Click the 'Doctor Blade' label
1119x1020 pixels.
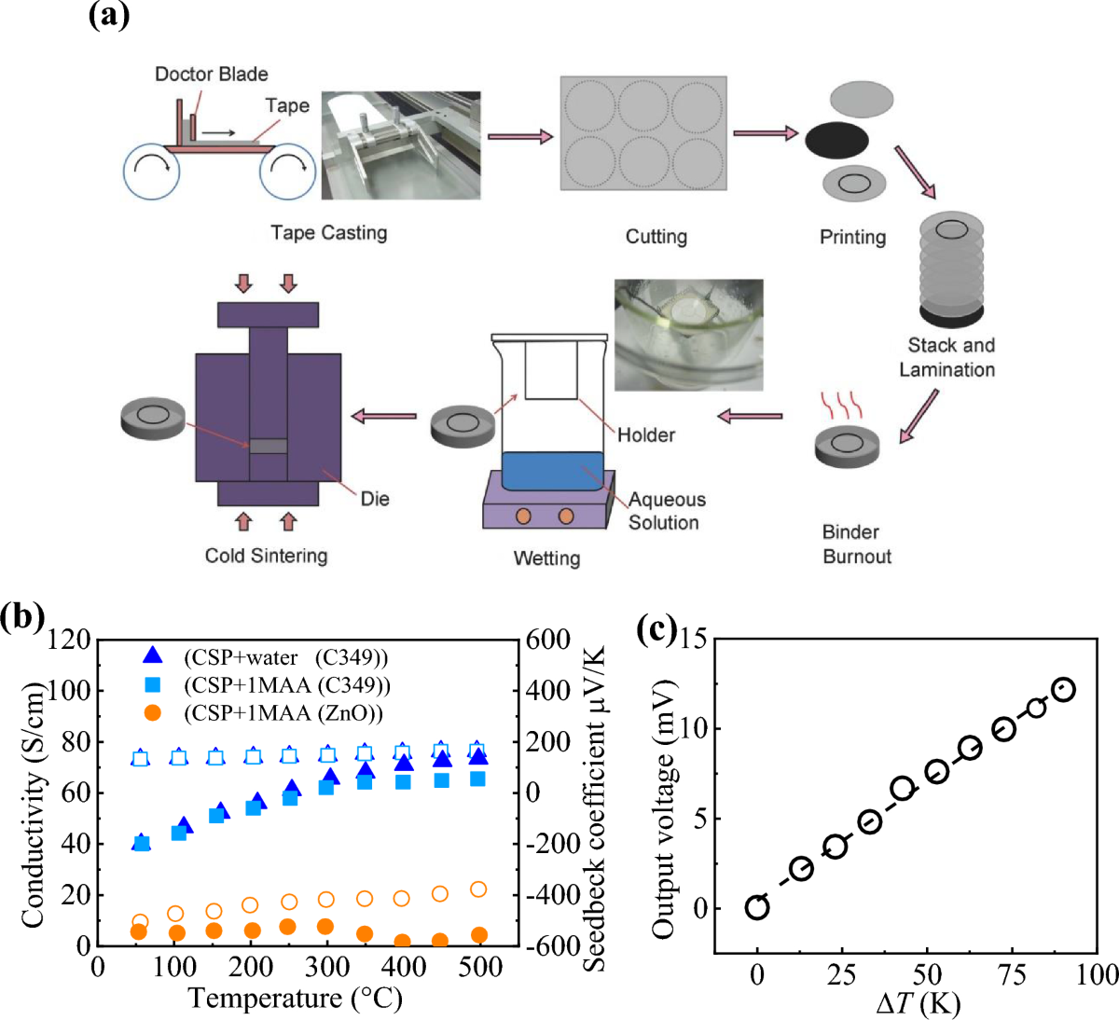click(211, 75)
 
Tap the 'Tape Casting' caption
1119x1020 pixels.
click(328, 232)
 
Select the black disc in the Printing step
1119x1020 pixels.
click(836, 140)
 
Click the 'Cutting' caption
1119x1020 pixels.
click(656, 237)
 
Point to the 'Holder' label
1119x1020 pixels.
click(645, 434)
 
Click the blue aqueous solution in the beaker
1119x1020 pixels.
click(552, 472)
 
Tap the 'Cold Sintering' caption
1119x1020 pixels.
click(266, 556)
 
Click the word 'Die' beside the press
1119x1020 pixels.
click(375, 499)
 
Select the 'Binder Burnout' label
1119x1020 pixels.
click(856, 544)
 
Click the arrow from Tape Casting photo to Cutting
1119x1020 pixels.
click(520, 137)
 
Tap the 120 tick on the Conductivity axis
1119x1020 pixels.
click(70, 640)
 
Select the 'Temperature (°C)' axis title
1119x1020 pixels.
click(296, 999)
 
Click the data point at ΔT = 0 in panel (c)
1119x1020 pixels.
click(757, 907)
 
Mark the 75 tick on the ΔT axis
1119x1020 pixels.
click(1011, 975)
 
